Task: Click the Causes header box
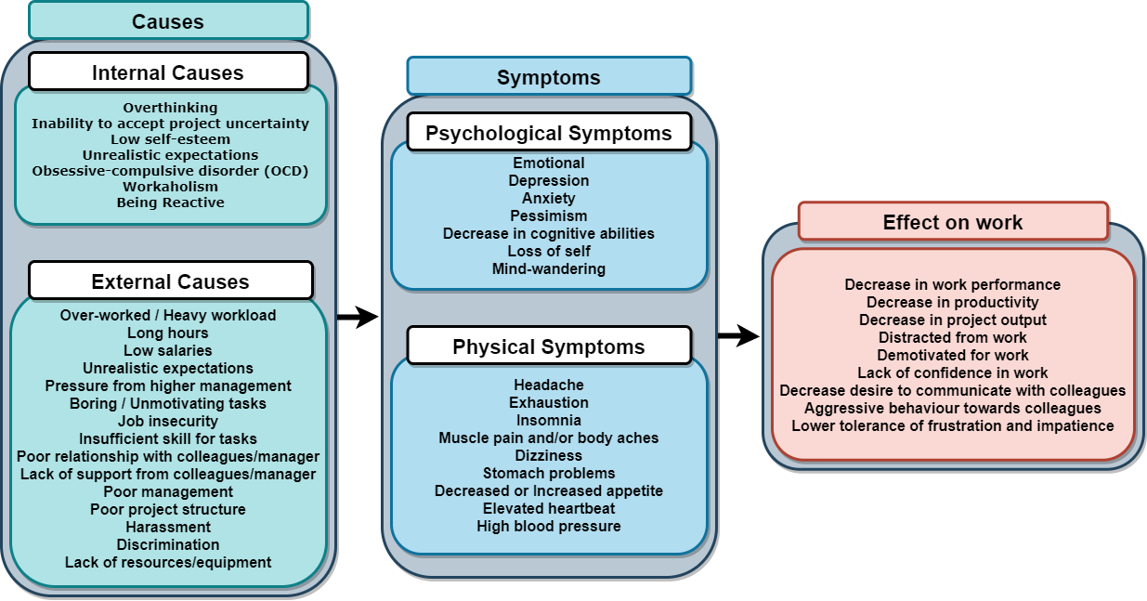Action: tap(168, 20)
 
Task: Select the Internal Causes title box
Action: tap(168, 72)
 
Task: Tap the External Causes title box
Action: tap(171, 281)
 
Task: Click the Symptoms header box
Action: tap(549, 77)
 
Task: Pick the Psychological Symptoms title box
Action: tap(549, 133)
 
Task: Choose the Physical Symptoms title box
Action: tap(549, 346)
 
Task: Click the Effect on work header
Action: tap(953, 222)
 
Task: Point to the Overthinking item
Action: tap(170, 108)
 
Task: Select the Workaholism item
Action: tap(170, 187)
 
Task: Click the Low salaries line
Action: tap(168, 350)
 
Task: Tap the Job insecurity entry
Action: tap(168, 421)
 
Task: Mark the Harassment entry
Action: tap(168, 527)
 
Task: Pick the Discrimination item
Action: tap(168, 544)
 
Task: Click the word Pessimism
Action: tap(549, 216)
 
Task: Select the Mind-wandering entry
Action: tap(549, 268)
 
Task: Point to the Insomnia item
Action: tap(549, 420)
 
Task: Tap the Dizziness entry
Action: tap(549, 455)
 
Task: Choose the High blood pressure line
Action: tap(549, 526)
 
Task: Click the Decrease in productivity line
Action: tap(953, 302)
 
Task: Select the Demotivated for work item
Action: tap(953, 355)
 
